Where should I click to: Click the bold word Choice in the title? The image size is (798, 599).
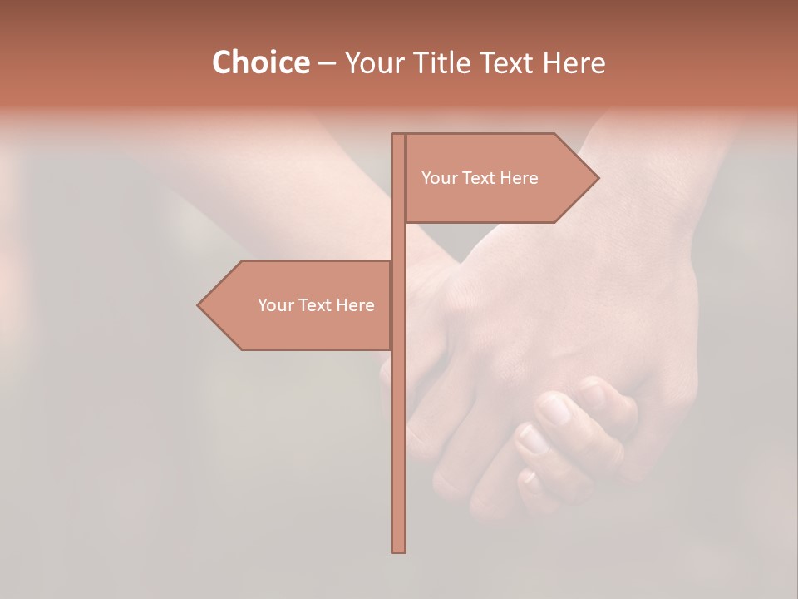(260, 63)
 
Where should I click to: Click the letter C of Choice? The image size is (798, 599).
(223, 63)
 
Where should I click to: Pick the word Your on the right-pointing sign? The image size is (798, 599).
(438, 178)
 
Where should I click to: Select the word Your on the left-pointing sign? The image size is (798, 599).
(274, 305)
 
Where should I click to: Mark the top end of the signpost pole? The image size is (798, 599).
(398, 136)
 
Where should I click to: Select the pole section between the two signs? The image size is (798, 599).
(398, 241)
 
